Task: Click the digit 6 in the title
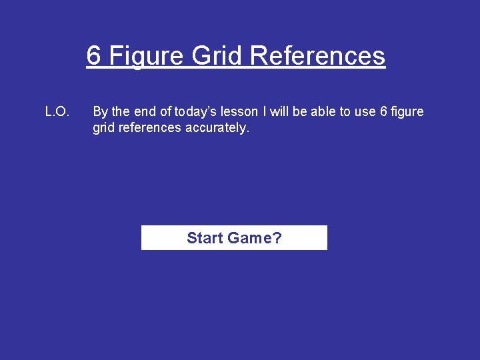[x=94, y=56]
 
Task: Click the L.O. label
[x=57, y=112]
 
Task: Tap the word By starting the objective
[x=100, y=112]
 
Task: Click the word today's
[x=199, y=112]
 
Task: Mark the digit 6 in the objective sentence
[x=383, y=112]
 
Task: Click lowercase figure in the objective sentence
[x=407, y=112]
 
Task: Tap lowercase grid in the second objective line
[x=103, y=128]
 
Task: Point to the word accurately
[x=217, y=128]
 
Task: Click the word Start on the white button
[x=205, y=238]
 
